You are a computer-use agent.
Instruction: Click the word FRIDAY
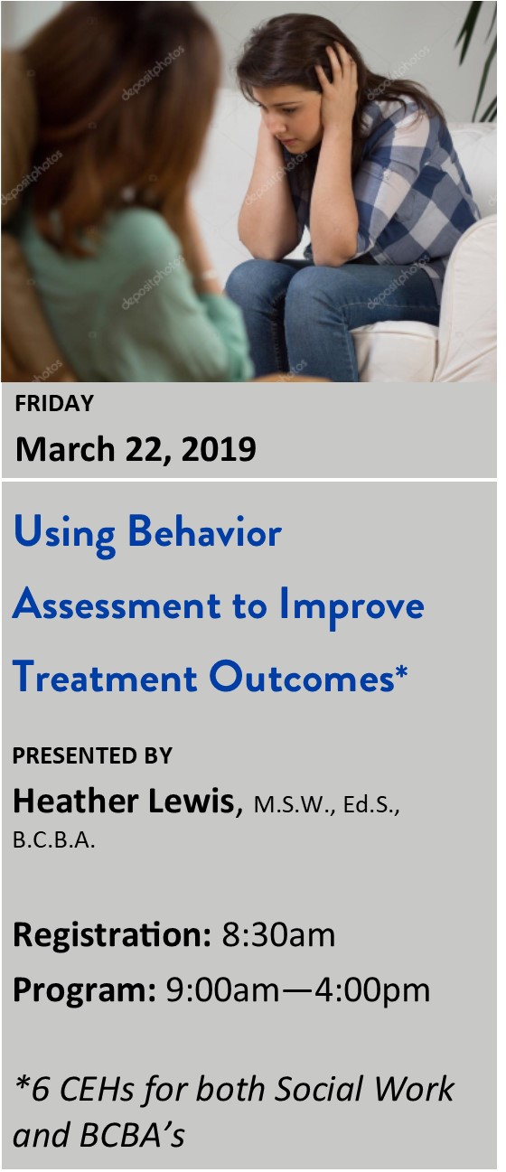click(x=54, y=403)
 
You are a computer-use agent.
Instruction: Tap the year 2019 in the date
click(x=219, y=449)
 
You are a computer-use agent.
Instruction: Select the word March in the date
click(x=65, y=449)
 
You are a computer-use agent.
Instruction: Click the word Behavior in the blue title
click(x=204, y=532)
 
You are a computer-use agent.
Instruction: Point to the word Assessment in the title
click(x=117, y=605)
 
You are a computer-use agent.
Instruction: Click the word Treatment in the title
click(x=105, y=677)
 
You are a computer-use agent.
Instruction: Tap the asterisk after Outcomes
click(x=401, y=670)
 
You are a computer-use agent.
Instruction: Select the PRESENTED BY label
click(x=92, y=755)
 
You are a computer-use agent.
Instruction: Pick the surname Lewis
click(x=192, y=801)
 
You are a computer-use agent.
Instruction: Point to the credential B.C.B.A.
click(x=54, y=840)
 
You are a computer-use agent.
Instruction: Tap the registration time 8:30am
click(x=278, y=935)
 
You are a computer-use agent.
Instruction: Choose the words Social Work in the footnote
click(x=364, y=1089)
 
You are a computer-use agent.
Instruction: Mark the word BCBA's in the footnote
click(x=133, y=1134)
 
